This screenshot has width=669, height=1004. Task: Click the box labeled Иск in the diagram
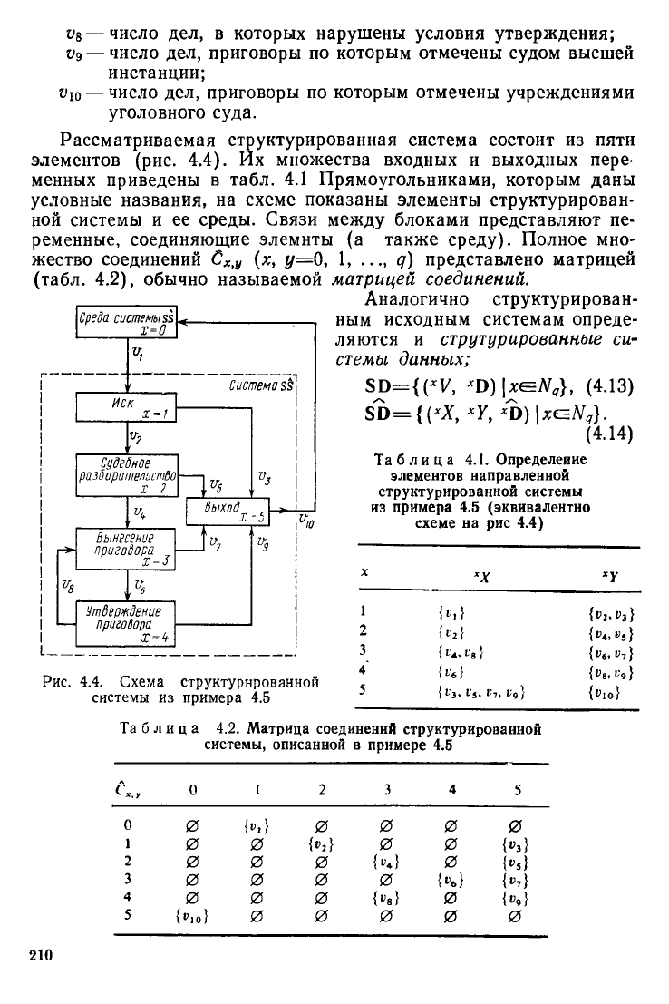coord(127,408)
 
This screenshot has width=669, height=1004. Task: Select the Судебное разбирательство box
coord(127,476)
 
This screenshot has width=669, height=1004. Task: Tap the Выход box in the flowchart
coord(228,511)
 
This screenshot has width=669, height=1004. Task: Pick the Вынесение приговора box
coord(127,550)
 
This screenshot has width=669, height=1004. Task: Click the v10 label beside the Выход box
coord(306,521)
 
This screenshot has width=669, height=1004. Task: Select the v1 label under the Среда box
coord(138,353)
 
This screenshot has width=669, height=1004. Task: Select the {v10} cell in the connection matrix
coord(192,916)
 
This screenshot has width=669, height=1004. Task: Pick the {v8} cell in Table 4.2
coord(387,899)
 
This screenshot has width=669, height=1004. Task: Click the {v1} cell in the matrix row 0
coord(257,826)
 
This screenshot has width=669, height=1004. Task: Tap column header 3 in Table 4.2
coord(387,789)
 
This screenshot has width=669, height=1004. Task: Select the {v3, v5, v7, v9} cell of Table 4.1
coord(480,692)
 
